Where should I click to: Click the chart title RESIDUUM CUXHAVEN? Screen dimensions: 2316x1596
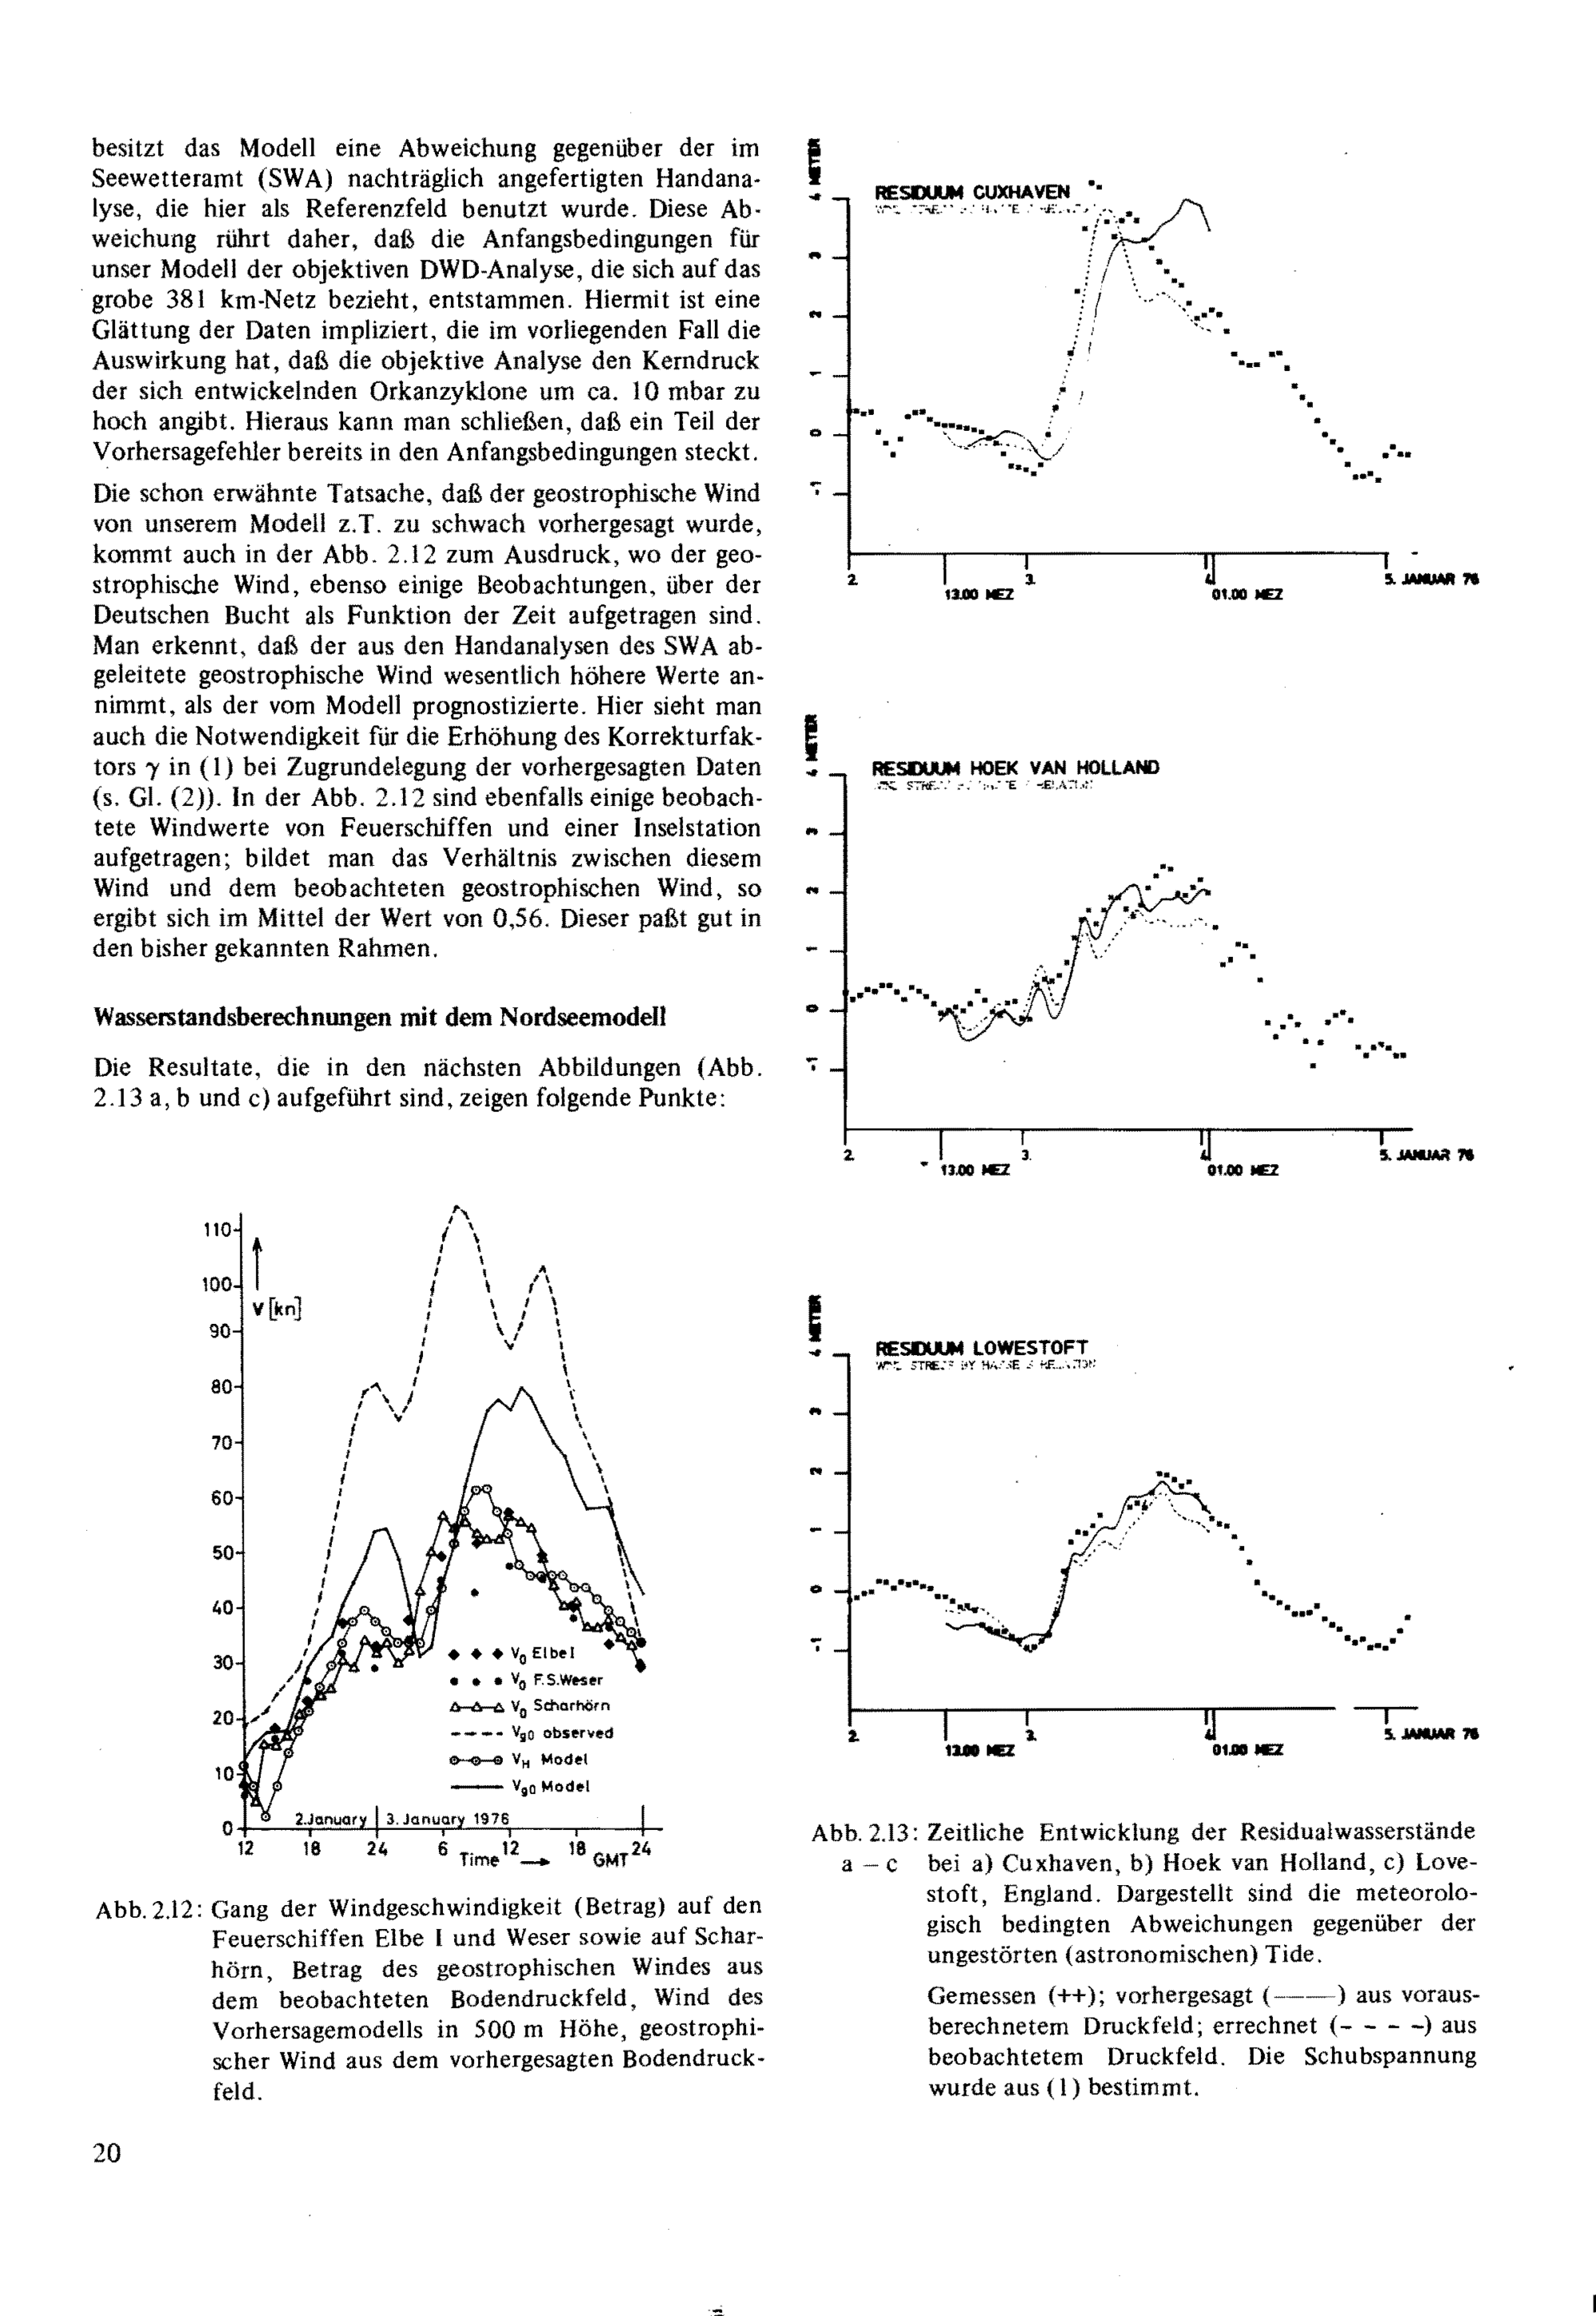coord(972,192)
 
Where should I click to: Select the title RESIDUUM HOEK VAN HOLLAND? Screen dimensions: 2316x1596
coord(1015,768)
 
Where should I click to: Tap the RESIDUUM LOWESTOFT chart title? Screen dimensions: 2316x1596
coord(981,1348)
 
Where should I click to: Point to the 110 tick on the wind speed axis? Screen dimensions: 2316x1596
coord(217,1229)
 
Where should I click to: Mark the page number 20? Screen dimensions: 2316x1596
coord(107,2152)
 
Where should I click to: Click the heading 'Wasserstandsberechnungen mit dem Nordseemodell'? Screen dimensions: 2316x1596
coord(379,1017)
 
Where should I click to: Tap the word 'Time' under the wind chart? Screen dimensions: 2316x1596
coord(479,1859)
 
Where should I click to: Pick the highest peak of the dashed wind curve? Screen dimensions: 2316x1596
coord(456,1208)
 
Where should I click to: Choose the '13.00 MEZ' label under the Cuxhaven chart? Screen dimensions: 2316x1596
coord(978,594)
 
